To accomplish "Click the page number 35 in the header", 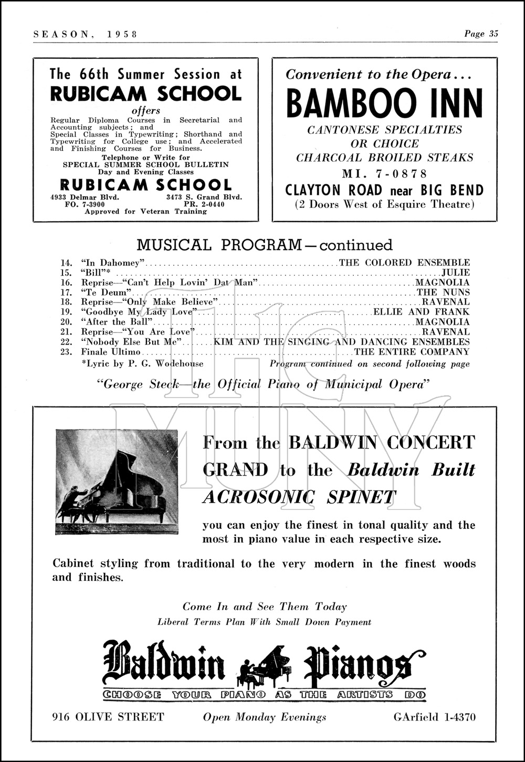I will tap(493, 34).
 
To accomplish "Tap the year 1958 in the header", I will tap(122, 34).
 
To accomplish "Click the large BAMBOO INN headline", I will tap(384, 103).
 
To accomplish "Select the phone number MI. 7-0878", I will tap(384, 174).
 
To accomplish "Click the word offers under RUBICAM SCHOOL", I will tap(145, 111).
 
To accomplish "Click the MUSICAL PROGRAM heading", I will tap(264, 245).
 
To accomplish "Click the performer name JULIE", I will tap(455, 273).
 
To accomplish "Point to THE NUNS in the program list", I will tap(443, 293).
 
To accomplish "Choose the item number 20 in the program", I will tap(66, 322).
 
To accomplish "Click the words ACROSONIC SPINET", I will tap(299, 497).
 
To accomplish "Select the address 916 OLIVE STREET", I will tap(109, 717).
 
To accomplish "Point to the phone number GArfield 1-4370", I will tap(435, 717).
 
